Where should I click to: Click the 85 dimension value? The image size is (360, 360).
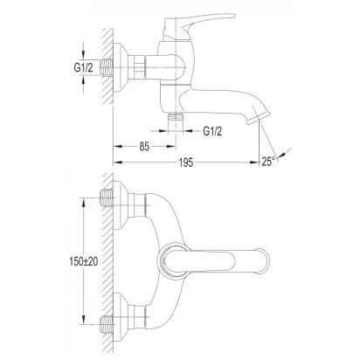(x=144, y=147)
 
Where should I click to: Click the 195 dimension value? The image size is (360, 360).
(x=186, y=163)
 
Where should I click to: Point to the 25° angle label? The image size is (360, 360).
(x=268, y=162)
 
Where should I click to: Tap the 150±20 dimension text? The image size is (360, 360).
(x=84, y=261)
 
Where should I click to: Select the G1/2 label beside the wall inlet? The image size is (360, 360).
(x=83, y=67)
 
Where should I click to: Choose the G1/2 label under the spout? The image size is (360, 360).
(x=212, y=131)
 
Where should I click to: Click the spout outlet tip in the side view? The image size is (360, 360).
(x=258, y=119)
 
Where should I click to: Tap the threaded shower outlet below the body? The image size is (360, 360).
(x=176, y=116)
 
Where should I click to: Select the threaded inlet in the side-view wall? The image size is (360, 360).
(x=107, y=67)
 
